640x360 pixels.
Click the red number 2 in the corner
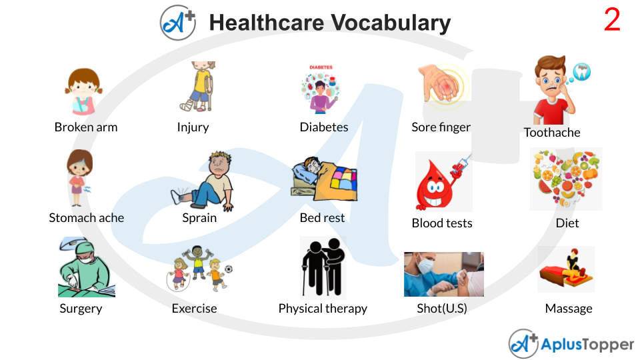pyautogui.click(x=612, y=21)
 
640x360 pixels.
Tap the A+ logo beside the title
pyautogui.click(x=177, y=22)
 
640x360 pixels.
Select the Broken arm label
pyautogui.click(x=86, y=127)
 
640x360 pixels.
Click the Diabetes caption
pyautogui.click(x=324, y=127)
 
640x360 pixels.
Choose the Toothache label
pyautogui.click(x=552, y=133)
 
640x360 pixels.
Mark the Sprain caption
pyautogui.click(x=199, y=218)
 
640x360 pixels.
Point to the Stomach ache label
pyautogui.click(x=87, y=218)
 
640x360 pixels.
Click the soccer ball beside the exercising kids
pyautogui.click(x=229, y=269)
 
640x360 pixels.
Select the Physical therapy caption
pyautogui.click(x=323, y=309)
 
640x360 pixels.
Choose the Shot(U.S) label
pyautogui.click(x=442, y=309)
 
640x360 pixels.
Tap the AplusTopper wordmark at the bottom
pyautogui.click(x=587, y=345)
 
